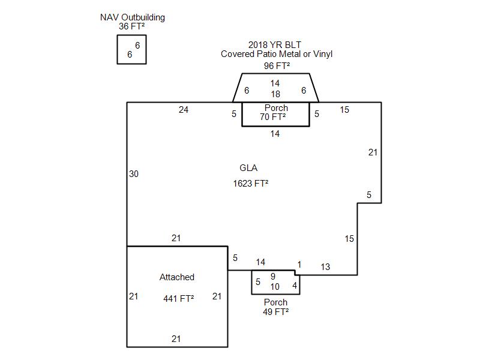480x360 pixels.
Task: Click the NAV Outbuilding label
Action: (x=132, y=17)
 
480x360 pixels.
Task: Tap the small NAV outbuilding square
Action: (x=131, y=49)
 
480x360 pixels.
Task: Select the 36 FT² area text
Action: (x=132, y=26)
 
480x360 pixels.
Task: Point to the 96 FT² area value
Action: (x=277, y=65)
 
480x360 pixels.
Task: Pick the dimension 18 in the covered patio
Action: (x=275, y=94)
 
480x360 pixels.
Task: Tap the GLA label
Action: (x=248, y=168)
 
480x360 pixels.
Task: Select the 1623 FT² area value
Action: (x=251, y=183)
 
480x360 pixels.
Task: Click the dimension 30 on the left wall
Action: (x=134, y=174)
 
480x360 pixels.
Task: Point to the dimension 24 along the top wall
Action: (x=184, y=110)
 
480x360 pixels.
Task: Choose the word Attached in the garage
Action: (x=177, y=277)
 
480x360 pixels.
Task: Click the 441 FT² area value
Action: (x=179, y=298)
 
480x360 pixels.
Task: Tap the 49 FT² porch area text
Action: (x=276, y=311)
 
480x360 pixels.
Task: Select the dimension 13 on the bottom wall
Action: (x=325, y=267)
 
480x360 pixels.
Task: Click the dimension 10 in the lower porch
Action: (x=275, y=287)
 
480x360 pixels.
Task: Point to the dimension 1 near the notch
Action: (x=299, y=265)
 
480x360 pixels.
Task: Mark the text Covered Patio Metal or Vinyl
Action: (x=277, y=54)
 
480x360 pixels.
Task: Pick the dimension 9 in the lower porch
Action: (x=273, y=277)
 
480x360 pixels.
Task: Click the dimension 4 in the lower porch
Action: (x=295, y=286)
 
